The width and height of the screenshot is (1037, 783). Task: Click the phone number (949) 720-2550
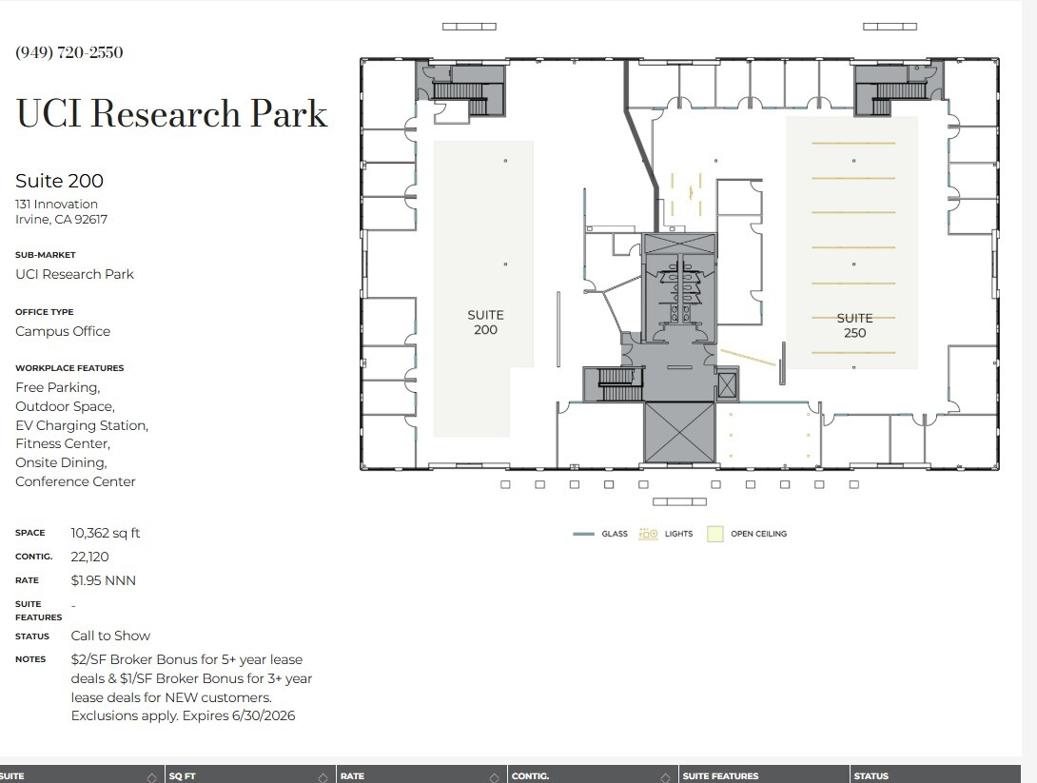(x=69, y=52)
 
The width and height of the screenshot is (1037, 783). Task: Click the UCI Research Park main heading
(x=172, y=114)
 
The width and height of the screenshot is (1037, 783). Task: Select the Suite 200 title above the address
(x=59, y=181)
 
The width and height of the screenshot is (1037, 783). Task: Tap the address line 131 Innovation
(x=56, y=204)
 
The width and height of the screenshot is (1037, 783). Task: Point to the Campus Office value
(x=63, y=331)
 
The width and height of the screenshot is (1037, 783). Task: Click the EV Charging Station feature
(x=82, y=425)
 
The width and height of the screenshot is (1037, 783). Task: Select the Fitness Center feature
(x=63, y=444)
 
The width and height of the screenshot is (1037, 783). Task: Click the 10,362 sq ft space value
(x=106, y=533)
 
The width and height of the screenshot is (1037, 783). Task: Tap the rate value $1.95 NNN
(x=104, y=580)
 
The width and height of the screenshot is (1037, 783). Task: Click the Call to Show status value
(x=110, y=636)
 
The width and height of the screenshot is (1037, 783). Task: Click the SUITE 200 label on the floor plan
(x=485, y=323)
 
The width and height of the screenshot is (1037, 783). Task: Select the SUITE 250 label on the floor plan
(x=854, y=325)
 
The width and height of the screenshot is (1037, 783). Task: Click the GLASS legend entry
(x=601, y=535)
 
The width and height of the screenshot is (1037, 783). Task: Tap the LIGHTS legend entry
(x=667, y=535)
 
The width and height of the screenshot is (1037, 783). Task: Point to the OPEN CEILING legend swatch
(x=715, y=535)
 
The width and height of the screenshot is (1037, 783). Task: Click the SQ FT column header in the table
(x=183, y=776)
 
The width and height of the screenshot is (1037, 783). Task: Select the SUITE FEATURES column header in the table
(x=720, y=776)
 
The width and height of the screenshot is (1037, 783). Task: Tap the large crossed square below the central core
(x=678, y=432)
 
